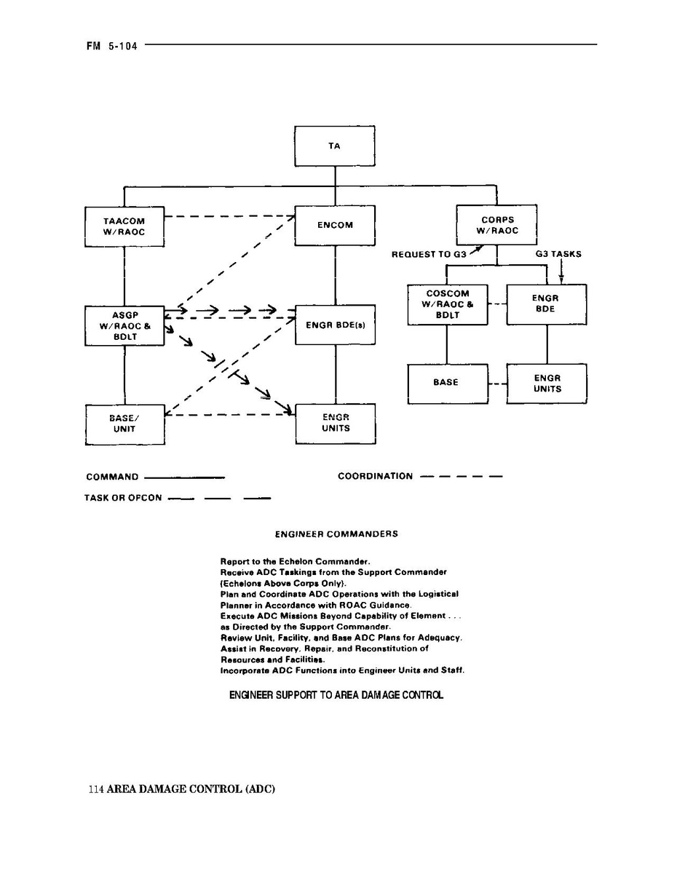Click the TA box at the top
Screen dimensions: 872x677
point(334,146)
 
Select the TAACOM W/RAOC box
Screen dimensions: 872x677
point(124,226)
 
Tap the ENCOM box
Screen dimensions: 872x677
point(335,225)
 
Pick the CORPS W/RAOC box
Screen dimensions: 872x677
point(496,225)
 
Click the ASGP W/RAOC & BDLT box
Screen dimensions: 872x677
point(124,325)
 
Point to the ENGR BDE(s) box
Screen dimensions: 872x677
point(336,325)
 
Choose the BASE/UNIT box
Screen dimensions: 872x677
point(124,424)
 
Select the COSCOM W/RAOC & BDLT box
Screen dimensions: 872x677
point(447,304)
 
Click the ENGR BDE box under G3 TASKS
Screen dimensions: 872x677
point(546,304)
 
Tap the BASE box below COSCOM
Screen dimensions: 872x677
point(446,383)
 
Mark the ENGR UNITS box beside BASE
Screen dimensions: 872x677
point(547,383)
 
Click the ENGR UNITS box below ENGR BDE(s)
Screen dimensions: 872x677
point(336,423)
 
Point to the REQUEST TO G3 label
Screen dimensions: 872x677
point(429,255)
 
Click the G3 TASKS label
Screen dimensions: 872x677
point(558,255)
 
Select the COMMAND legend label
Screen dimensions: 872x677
point(112,477)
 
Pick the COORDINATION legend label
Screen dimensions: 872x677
point(375,477)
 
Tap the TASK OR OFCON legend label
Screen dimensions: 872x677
point(123,499)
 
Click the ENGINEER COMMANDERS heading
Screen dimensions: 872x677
point(336,534)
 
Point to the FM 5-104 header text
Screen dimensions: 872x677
point(111,44)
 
